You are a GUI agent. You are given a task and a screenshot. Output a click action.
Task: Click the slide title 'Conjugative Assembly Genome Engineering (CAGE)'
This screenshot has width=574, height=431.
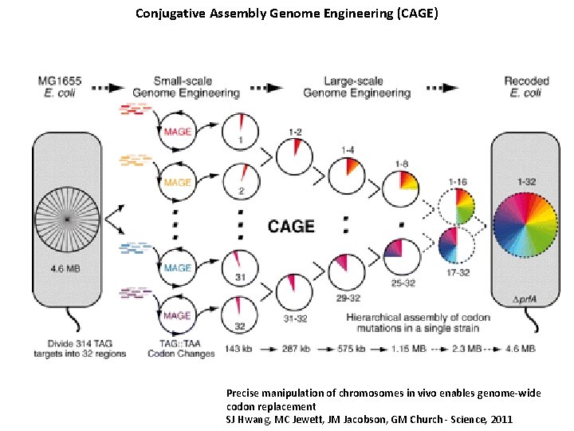click(286, 14)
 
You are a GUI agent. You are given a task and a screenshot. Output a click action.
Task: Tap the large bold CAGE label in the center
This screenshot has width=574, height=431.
click(291, 226)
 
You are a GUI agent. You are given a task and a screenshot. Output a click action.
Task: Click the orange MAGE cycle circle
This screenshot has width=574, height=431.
click(178, 181)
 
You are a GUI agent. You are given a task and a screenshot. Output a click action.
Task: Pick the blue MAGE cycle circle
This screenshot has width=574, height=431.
click(178, 268)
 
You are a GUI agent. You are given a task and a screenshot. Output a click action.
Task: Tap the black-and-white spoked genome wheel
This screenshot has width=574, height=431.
click(67, 219)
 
